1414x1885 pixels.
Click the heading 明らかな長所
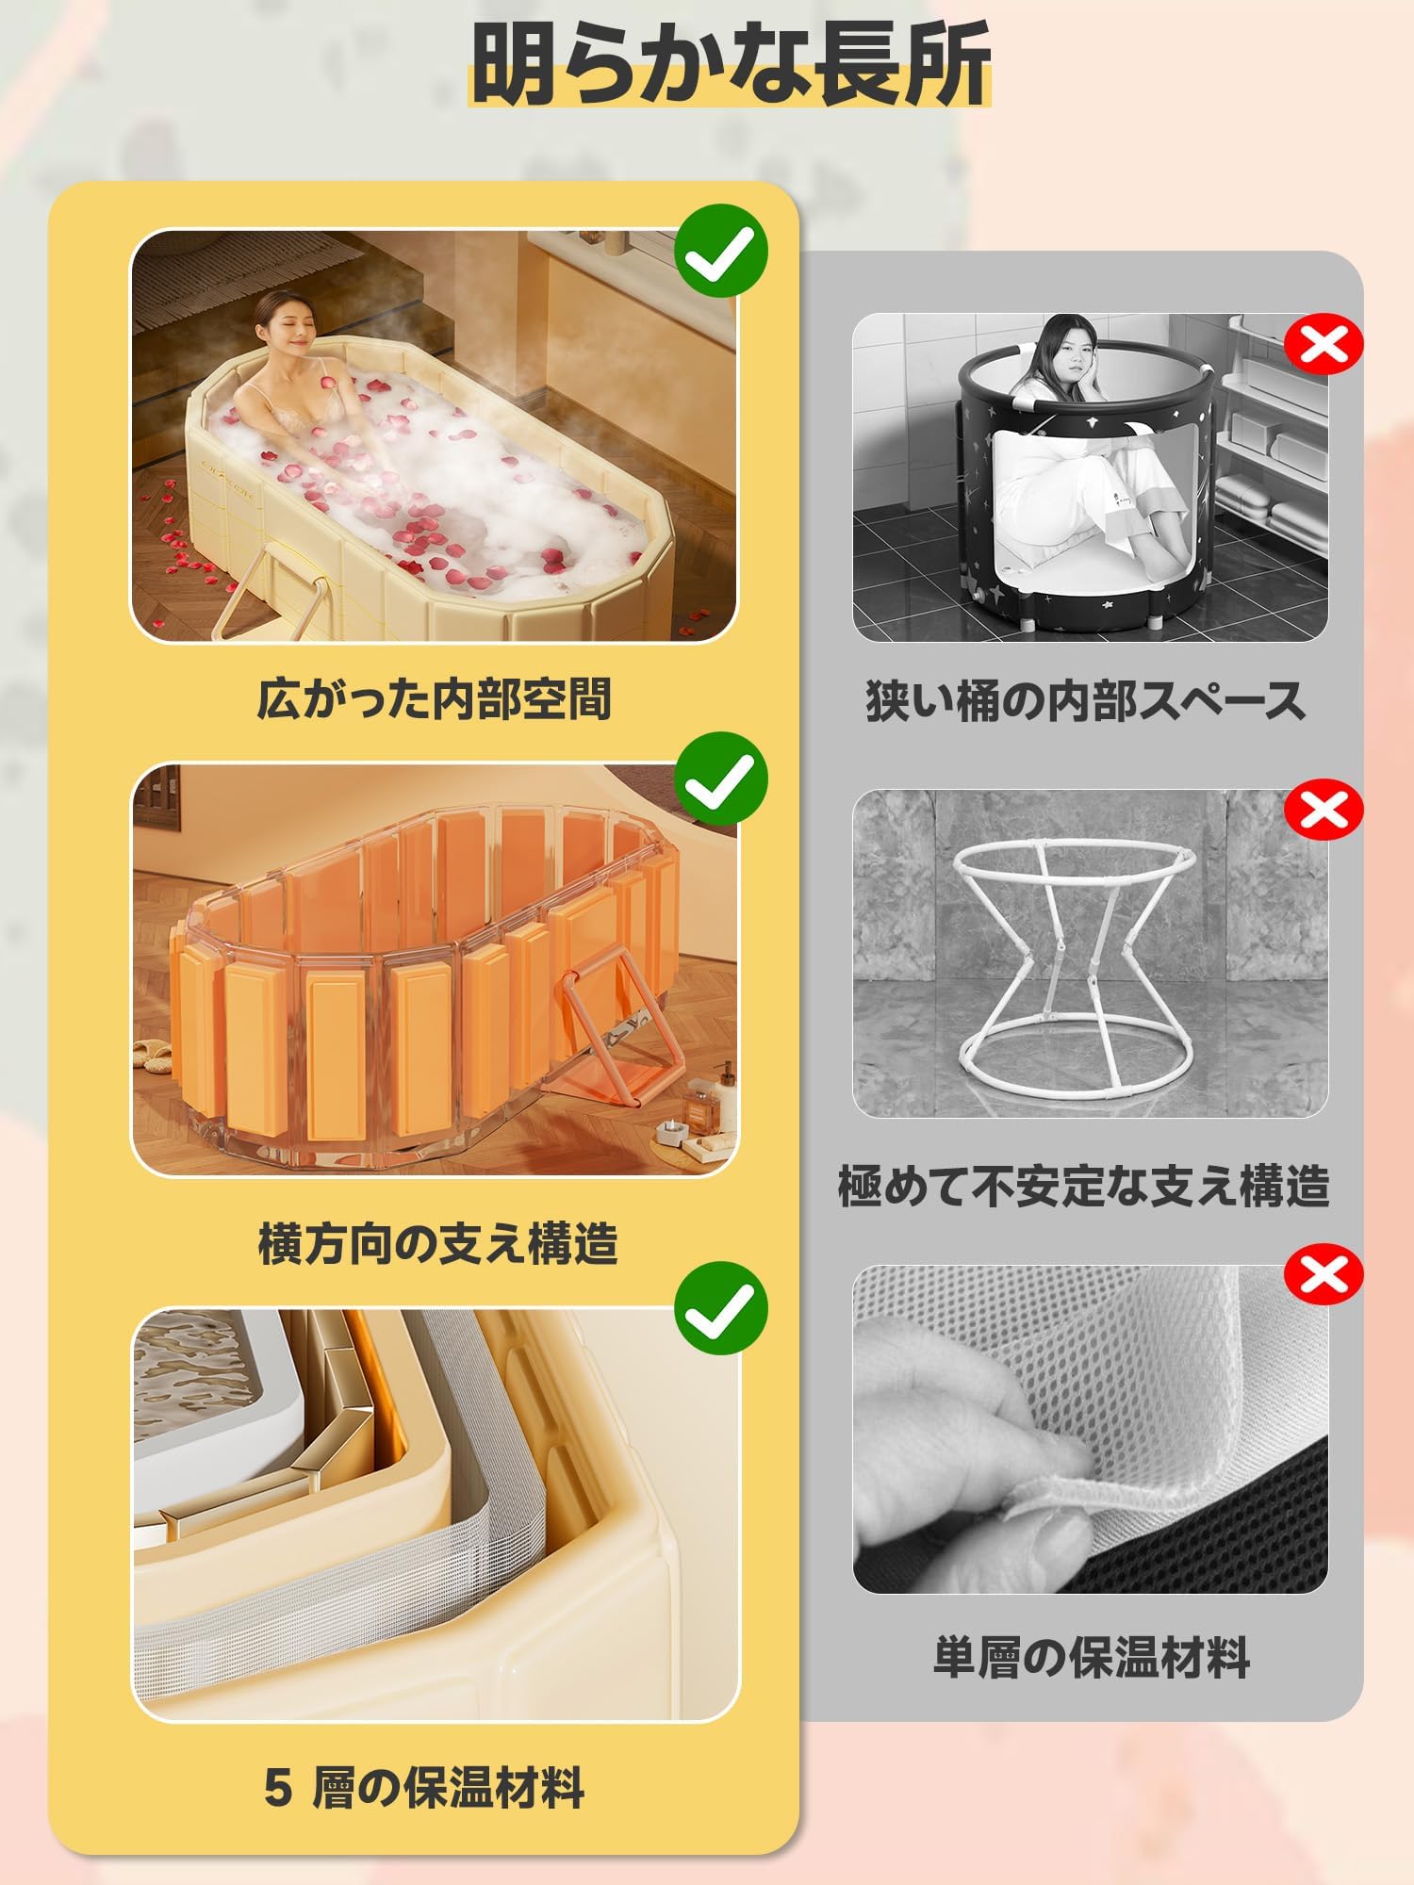731,63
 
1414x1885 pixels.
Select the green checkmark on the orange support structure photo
721,779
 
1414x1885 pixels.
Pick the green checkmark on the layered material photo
721,1308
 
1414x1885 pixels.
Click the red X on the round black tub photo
1324,345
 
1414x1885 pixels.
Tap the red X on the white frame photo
1324,809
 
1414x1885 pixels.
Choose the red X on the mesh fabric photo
1324,1274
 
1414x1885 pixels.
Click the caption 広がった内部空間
435,699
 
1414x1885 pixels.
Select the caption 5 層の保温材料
425,1787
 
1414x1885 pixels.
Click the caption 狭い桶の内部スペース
1086,701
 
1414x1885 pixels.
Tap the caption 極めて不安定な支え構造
1084,1186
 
